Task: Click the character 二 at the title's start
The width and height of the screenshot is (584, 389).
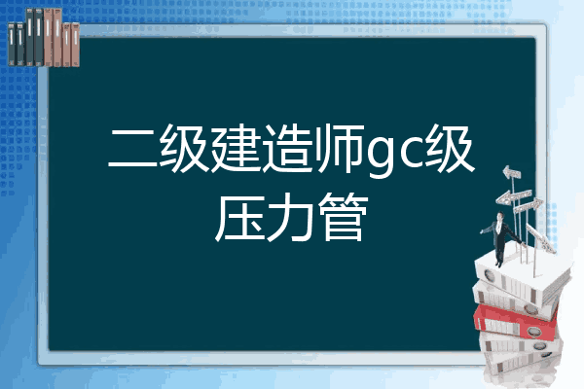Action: click(131, 148)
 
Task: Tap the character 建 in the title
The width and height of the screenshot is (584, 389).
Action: click(237, 148)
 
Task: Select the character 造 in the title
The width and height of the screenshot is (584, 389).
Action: click(288, 148)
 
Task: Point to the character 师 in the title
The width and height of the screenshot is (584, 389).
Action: click(340, 148)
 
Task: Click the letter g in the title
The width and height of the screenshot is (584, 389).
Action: click(381, 156)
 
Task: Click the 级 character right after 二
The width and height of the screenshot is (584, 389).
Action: click(184, 148)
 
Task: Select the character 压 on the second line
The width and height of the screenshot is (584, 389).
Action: click(239, 218)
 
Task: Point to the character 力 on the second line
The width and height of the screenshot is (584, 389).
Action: click(291, 218)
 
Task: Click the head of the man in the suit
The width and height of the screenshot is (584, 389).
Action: click(499, 216)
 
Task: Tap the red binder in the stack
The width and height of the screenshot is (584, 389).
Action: click(515, 321)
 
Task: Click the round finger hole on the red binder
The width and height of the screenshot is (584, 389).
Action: click(533, 331)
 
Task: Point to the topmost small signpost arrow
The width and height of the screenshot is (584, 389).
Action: click(512, 172)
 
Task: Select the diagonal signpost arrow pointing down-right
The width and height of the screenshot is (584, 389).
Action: click(541, 238)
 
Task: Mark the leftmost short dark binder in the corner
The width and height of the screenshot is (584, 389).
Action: click(12, 45)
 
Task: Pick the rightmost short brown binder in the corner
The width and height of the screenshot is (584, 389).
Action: click(76, 45)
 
